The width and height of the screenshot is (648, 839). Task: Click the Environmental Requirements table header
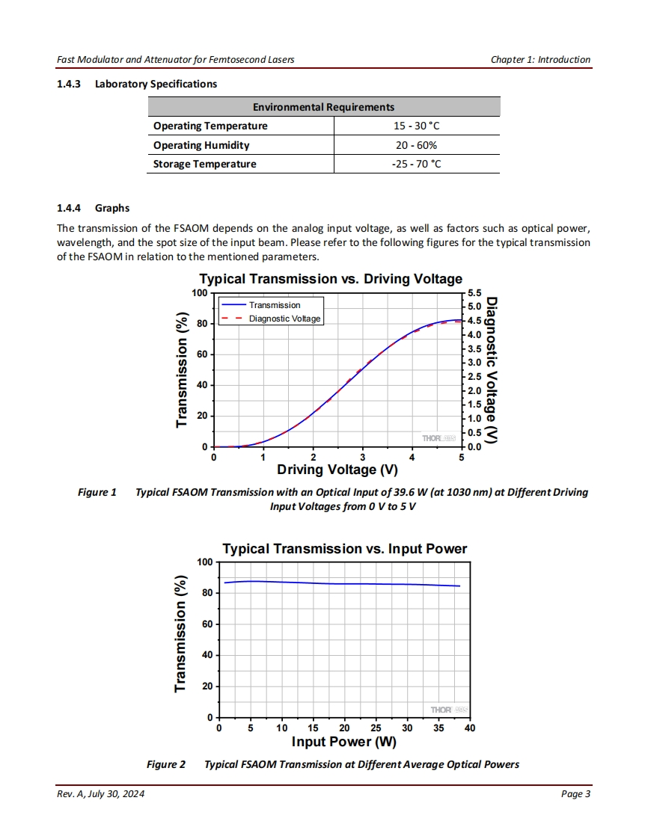323,107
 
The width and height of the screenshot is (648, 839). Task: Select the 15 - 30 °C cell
417,126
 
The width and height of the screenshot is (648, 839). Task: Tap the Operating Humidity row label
201,145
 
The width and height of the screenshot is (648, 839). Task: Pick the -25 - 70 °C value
417,164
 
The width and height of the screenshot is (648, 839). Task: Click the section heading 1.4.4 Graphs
94,208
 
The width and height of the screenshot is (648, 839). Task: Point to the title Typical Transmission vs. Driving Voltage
330,279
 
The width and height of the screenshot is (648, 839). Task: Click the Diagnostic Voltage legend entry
284,319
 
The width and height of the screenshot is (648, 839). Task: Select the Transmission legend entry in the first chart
275,305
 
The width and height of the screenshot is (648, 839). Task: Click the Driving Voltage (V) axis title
337,470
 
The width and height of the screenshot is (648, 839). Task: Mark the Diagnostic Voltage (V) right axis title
492,372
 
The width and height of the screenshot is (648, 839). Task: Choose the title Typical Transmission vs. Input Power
344,549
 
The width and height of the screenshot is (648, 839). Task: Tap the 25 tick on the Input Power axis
376,728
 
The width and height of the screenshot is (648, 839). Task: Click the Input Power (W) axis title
343,742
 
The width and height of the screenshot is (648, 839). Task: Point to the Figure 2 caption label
165,764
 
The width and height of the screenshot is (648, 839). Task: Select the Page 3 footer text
575,794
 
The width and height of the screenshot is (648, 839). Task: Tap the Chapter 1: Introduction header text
540,60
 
